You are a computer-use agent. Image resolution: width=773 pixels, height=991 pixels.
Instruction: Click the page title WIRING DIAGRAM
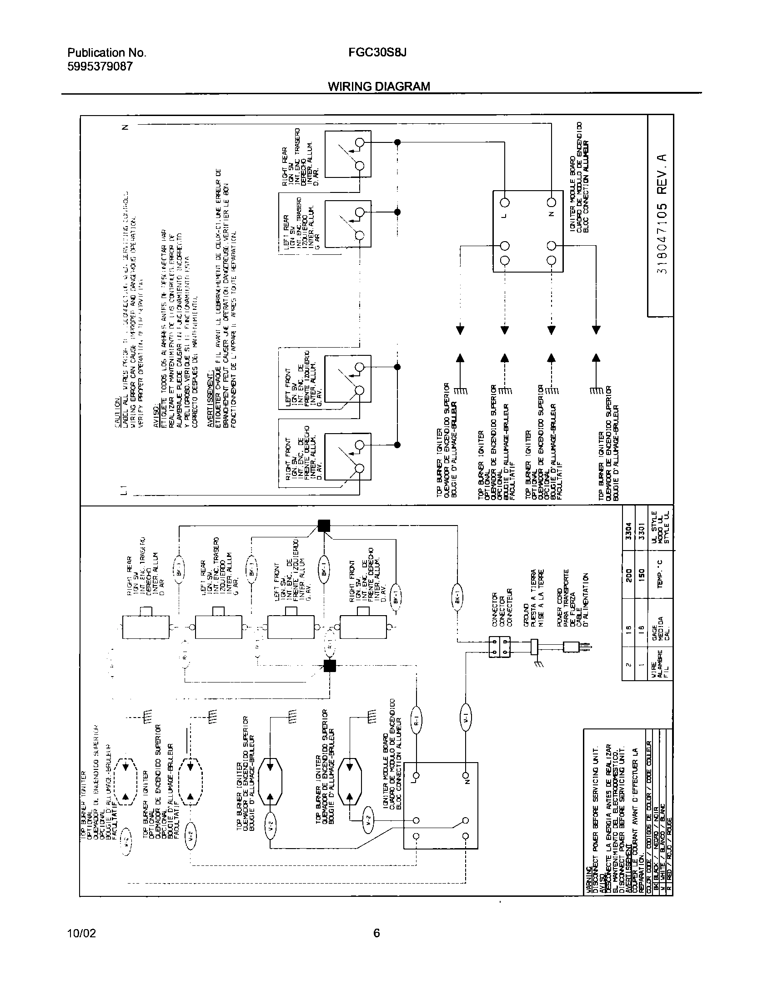coord(379,86)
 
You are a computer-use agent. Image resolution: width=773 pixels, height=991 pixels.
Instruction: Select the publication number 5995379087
coord(100,67)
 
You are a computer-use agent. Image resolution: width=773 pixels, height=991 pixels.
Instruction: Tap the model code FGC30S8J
coord(377,53)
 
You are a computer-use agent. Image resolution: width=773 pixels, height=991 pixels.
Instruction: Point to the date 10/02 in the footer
coord(81,933)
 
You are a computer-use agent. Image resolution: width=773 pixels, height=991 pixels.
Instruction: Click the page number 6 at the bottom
coord(376,933)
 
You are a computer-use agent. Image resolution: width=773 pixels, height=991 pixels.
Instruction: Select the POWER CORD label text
coord(560,599)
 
